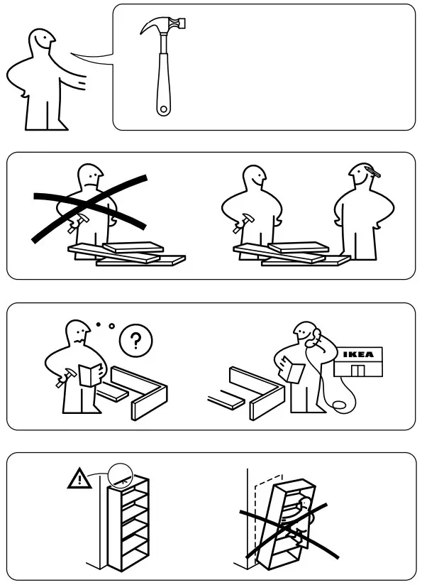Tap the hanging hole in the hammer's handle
pos(163,109)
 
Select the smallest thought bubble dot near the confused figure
pos(98,324)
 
